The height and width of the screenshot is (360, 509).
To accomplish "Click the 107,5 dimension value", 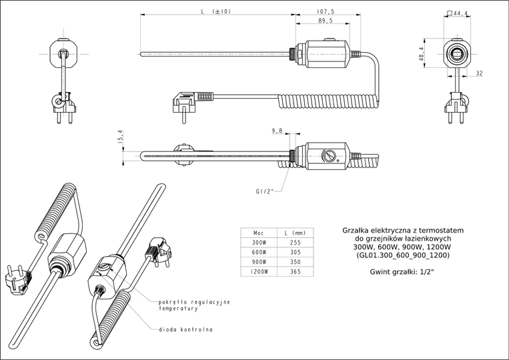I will tap(327, 11).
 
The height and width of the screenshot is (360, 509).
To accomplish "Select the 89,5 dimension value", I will tap(327, 21).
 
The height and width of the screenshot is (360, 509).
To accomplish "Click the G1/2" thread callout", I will tap(266, 191).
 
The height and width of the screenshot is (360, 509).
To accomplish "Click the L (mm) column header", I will tap(296, 233).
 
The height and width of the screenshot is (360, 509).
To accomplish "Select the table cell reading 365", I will tap(296, 272).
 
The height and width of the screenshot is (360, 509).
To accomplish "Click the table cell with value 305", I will tap(296, 253).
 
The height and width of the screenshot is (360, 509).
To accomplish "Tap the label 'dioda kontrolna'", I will tap(186, 329).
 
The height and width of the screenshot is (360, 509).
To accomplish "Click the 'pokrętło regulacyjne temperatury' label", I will tap(193, 305).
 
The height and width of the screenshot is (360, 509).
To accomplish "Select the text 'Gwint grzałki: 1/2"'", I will tap(402, 272).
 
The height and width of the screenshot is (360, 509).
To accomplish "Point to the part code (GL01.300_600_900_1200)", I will tap(402, 255).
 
